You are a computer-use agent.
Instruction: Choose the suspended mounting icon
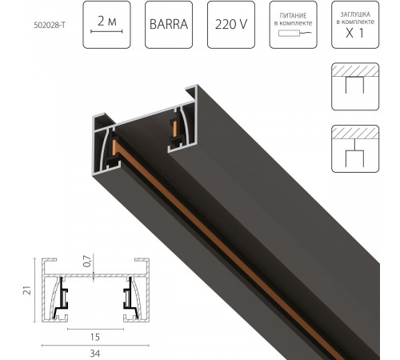(354, 149)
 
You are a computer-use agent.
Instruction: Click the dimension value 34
(94, 352)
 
